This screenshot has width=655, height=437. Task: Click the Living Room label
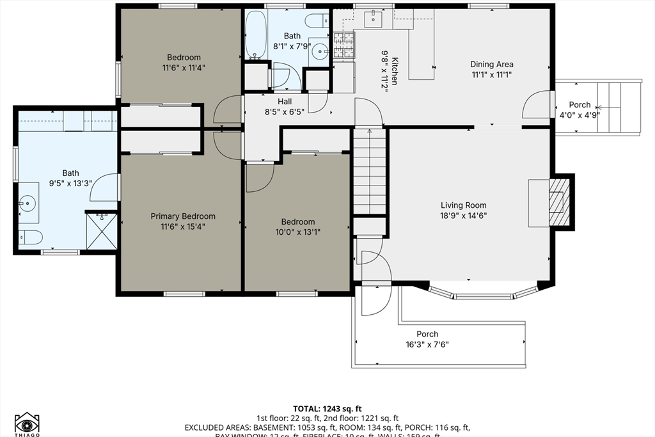point(464,205)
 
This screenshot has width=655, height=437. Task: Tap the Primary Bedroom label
point(183,216)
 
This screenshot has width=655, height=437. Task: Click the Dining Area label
point(491,64)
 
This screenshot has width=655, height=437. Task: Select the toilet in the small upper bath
point(317,21)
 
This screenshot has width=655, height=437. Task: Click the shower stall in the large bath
point(102,232)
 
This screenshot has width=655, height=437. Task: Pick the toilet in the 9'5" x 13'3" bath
point(29,237)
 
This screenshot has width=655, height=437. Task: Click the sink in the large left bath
point(28,204)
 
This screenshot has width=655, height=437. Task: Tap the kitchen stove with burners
point(343,45)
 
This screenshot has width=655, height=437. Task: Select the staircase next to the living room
point(370,171)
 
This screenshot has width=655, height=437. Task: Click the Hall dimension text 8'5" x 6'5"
point(285,111)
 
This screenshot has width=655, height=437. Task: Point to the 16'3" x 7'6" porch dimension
point(427,344)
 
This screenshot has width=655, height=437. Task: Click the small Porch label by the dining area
point(580,105)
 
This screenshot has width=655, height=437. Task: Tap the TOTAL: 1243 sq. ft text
point(327,408)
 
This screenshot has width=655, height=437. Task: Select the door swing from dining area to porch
point(536,106)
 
